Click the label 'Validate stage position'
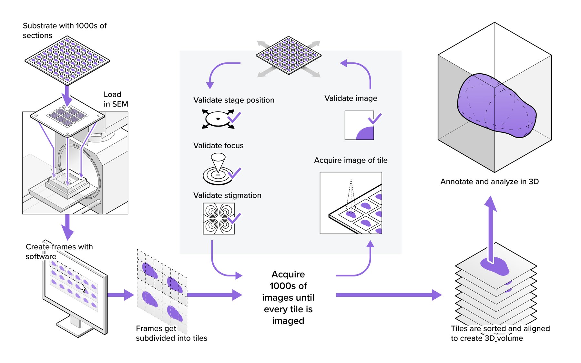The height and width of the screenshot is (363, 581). [234, 100]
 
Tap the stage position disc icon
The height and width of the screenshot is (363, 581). [218, 119]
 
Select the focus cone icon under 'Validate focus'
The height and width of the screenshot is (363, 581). [218, 170]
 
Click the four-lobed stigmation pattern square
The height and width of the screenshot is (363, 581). [219, 218]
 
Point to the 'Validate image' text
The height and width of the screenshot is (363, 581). [351, 98]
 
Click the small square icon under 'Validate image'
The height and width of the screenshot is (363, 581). [359, 125]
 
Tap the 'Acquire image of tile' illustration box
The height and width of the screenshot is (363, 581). [351, 203]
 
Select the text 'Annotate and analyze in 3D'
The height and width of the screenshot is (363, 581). [489, 181]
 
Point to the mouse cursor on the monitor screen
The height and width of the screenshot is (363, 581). [83, 287]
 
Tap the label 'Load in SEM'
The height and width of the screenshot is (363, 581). [115, 99]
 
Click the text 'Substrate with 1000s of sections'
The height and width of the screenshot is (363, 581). [65, 30]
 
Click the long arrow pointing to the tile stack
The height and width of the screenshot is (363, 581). [387, 295]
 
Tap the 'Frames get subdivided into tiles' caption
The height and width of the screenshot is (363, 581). [171, 333]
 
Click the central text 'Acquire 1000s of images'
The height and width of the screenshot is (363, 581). [288, 297]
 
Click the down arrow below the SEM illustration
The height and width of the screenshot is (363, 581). [67, 226]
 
